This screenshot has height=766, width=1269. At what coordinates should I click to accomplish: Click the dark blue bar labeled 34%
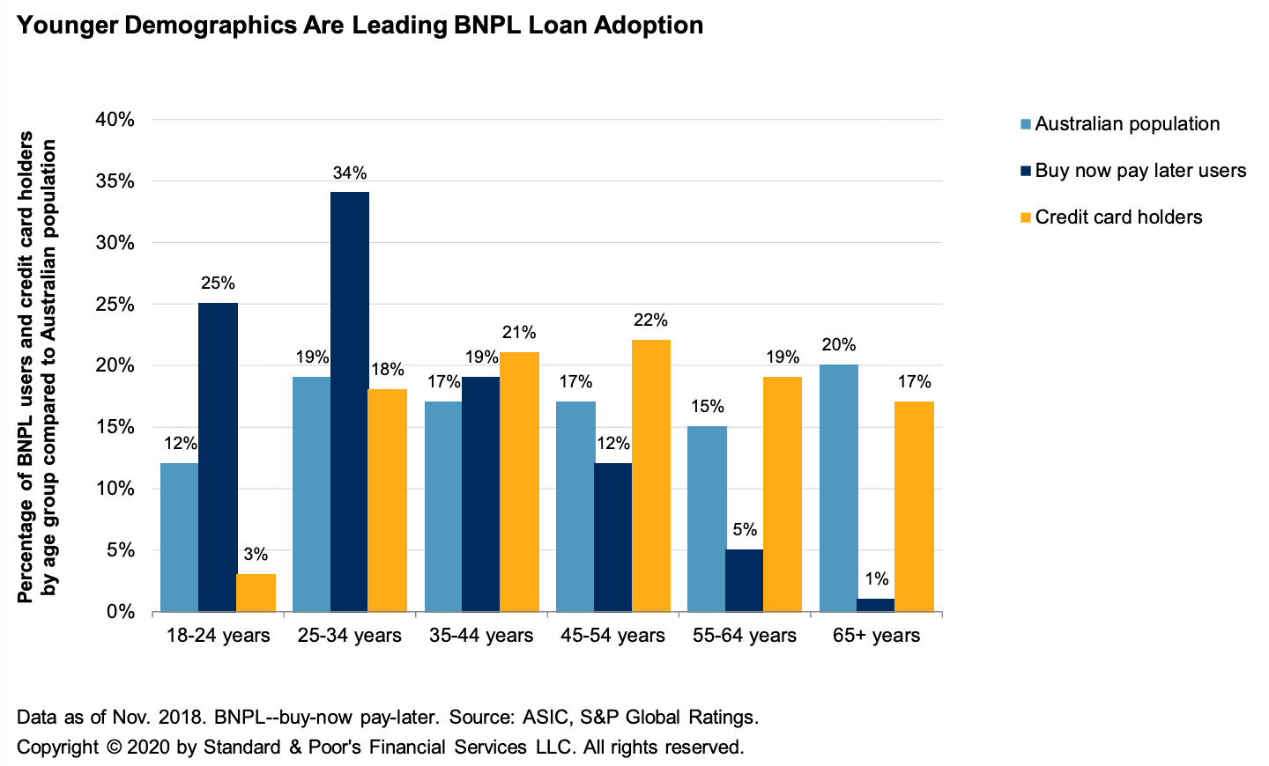click(x=350, y=401)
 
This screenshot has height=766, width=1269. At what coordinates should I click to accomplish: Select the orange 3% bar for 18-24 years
click(x=256, y=593)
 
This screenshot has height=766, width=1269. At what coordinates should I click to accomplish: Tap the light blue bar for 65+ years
click(x=839, y=488)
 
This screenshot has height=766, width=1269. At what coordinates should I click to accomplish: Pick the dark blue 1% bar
click(x=877, y=605)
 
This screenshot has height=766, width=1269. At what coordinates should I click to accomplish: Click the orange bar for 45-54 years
click(x=650, y=475)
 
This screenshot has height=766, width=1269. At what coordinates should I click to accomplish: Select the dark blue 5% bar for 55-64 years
click(x=745, y=580)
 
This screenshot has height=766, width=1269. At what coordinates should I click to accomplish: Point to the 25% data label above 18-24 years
click(x=218, y=284)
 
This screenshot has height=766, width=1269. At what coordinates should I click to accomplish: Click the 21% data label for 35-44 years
click(x=519, y=333)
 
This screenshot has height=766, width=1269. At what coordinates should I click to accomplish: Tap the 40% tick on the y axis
click(x=115, y=120)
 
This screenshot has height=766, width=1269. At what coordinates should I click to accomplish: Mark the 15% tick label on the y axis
click(x=115, y=427)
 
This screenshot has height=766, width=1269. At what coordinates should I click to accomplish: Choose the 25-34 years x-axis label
click(x=350, y=636)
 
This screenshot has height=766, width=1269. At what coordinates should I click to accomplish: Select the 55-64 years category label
click(x=745, y=636)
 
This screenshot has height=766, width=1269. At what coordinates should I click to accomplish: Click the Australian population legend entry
click(x=1127, y=124)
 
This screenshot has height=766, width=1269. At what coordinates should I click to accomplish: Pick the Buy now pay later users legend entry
click(x=1140, y=171)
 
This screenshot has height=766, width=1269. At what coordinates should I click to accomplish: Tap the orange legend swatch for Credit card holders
click(x=1025, y=217)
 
